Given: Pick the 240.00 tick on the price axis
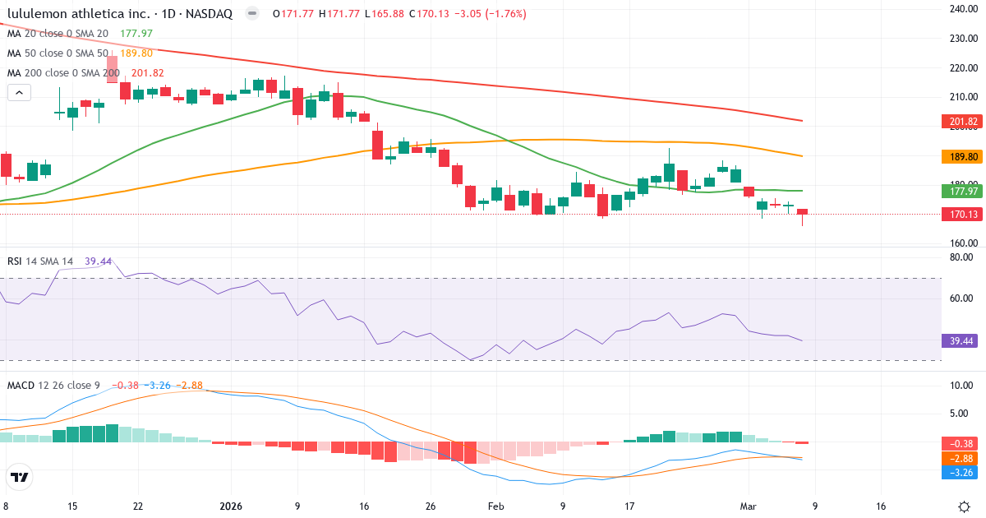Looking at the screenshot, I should [962, 9].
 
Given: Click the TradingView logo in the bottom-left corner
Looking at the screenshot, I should [20, 477].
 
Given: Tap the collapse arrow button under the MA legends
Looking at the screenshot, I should [19, 93].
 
